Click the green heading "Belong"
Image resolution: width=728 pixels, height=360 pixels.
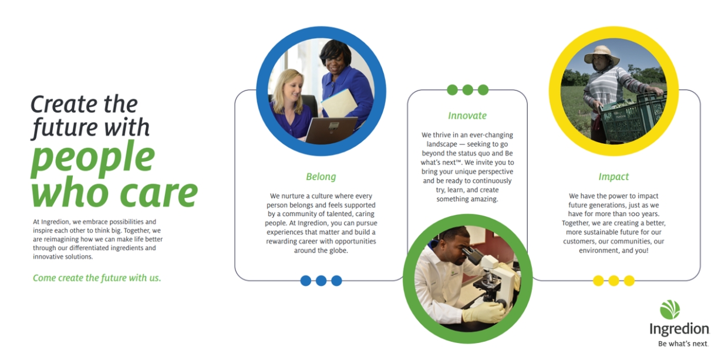coord(321,177)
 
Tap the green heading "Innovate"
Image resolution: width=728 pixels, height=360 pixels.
coord(467,116)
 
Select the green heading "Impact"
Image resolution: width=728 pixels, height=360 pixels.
coord(613,177)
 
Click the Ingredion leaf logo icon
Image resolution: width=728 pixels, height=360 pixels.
coord(670,309)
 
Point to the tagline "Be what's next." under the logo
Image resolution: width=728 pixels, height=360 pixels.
coord(683,344)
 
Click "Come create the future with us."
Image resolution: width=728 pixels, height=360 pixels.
coord(97,278)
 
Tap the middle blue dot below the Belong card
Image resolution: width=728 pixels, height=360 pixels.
coord(321,281)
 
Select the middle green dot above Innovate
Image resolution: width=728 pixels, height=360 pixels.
coord(467,90)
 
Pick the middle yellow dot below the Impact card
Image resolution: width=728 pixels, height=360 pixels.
coord(614,281)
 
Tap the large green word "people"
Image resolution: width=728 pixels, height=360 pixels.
coord(93,157)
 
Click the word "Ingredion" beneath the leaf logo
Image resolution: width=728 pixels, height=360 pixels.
coord(679,329)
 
